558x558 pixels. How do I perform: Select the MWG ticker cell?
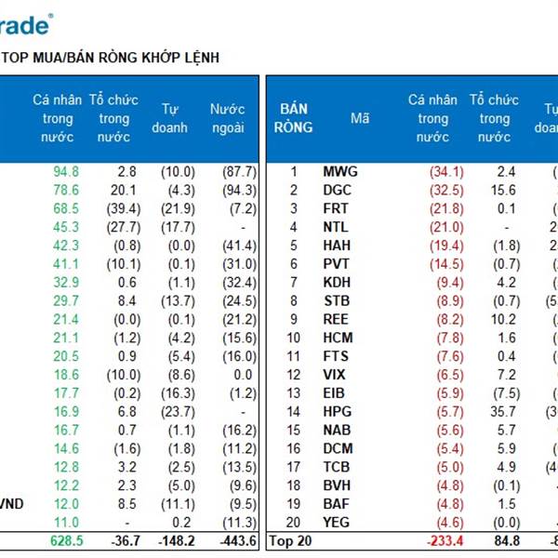point(340,171)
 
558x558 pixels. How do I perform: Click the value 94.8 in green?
point(66,171)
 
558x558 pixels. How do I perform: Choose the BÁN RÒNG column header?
point(294,119)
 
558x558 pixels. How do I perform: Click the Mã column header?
point(360,119)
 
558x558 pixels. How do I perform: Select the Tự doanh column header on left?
point(169,119)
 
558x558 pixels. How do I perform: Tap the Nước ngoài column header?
point(227,119)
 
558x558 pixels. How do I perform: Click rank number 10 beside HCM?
point(294,338)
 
